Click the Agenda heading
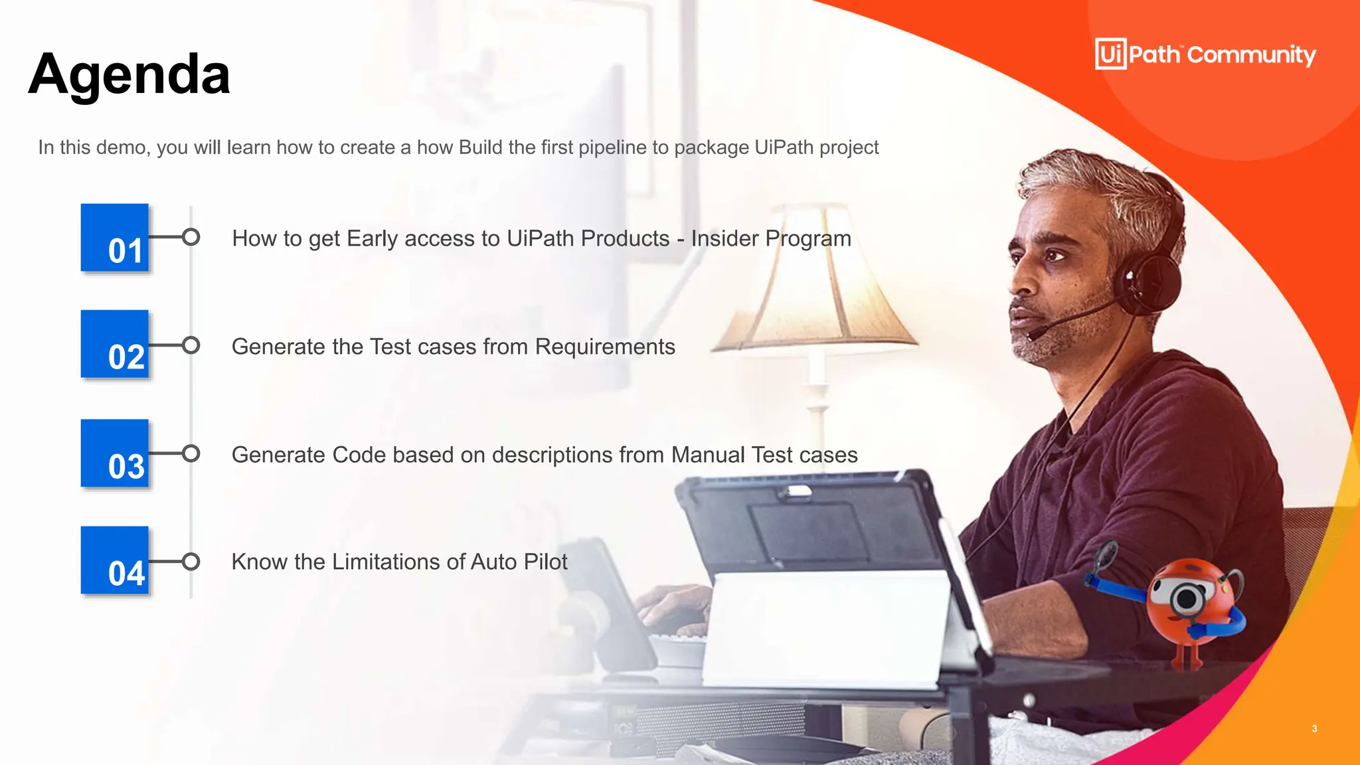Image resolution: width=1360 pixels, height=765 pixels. click(x=129, y=74)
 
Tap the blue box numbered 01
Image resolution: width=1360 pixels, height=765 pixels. click(x=115, y=238)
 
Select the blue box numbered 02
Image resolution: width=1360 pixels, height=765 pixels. click(x=115, y=344)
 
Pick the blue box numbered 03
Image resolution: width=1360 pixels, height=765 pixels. click(x=115, y=454)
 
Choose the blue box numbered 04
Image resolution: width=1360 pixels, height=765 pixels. click(x=115, y=560)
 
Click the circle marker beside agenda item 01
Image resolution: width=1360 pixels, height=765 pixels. click(x=191, y=237)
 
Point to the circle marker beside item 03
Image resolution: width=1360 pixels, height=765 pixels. click(x=191, y=454)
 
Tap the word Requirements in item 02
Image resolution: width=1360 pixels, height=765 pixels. click(x=605, y=347)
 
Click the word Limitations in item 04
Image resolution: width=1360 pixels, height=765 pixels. click(x=386, y=562)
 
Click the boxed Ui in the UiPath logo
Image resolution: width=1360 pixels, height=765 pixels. click(x=1110, y=54)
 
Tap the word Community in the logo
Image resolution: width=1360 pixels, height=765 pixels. click(x=1251, y=55)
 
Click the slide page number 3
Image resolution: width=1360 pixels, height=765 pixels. click(x=1314, y=728)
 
